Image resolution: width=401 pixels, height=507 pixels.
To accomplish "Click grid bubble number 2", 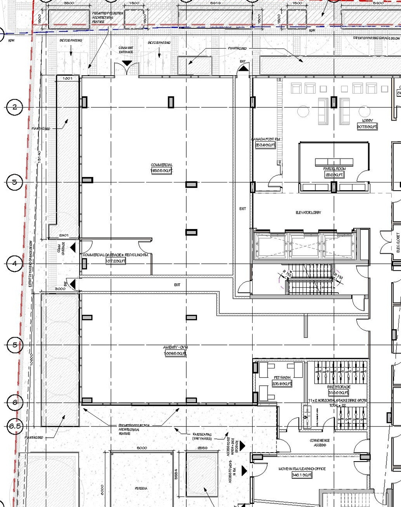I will pyautogui.click(x=15, y=107).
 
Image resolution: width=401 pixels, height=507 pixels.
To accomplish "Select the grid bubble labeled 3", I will pyautogui.click(x=15, y=182).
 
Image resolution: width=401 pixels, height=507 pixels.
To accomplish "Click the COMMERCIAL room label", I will pyautogui.click(x=161, y=165).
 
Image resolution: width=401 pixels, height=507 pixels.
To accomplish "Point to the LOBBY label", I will pyautogui.click(x=367, y=121).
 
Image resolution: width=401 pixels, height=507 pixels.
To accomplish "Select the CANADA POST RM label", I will pyautogui.click(x=266, y=139).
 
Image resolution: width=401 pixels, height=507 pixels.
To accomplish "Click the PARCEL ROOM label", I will pyautogui.click(x=334, y=169).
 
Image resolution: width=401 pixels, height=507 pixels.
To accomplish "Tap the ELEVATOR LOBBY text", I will pyautogui.click(x=308, y=213).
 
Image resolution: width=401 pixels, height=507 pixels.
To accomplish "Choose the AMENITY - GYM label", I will pyautogui.click(x=175, y=348).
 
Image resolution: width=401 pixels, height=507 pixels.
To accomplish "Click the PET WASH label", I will pyautogui.click(x=282, y=378).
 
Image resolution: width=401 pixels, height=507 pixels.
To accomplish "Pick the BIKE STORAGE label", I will pyautogui.click(x=339, y=387).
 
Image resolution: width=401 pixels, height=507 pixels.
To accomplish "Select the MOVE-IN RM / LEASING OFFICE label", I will pyautogui.click(x=302, y=469).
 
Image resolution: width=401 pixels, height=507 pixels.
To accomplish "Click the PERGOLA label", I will pyautogui.click(x=141, y=488).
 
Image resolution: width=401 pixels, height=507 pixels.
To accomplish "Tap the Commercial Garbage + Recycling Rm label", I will pyautogui.click(x=116, y=255).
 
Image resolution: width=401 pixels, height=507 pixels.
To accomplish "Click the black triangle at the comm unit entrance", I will pyautogui.click(x=127, y=63).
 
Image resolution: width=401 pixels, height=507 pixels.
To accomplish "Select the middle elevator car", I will pyautogui.click(x=305, y=246).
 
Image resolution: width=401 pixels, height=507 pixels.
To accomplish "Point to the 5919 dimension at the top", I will pyautogui.click(x=215, y=3).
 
